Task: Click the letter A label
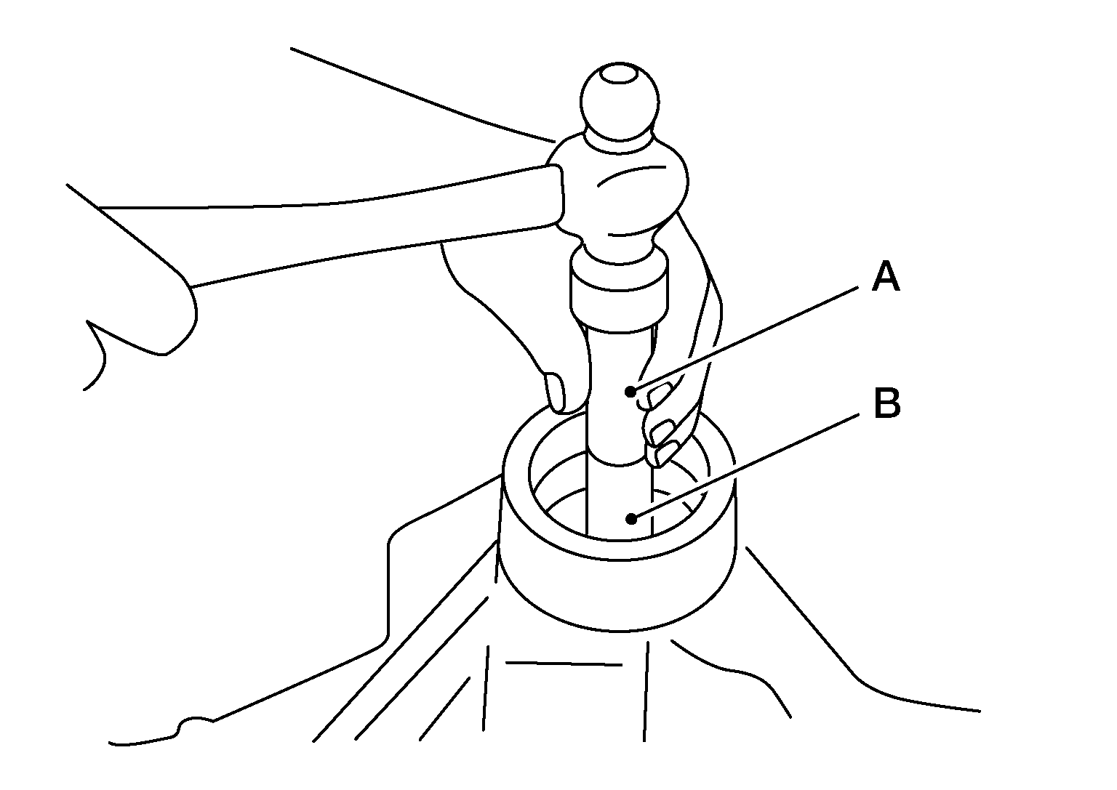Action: [886, 276]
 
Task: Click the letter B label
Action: [887, 403]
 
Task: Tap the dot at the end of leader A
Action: [630, 391]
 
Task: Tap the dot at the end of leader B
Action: [632, 519]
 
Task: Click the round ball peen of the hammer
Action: [620, 102]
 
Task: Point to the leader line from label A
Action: [745, 339]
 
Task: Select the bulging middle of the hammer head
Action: [623, 190]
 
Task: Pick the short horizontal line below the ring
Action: [564, 664]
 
